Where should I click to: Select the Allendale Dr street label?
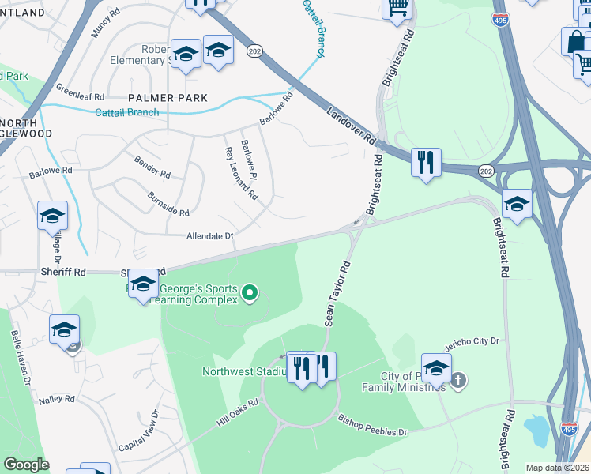pos(210,235)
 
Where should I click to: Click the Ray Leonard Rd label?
pos(242,172)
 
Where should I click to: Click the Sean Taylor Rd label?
pos(337,294)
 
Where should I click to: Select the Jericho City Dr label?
pos(474,340)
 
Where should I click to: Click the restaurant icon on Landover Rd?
pos(427,162)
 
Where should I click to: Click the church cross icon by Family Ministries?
pos(457,382)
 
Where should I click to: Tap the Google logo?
pos(26,465)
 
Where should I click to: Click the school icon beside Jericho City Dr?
pos(436,368)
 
